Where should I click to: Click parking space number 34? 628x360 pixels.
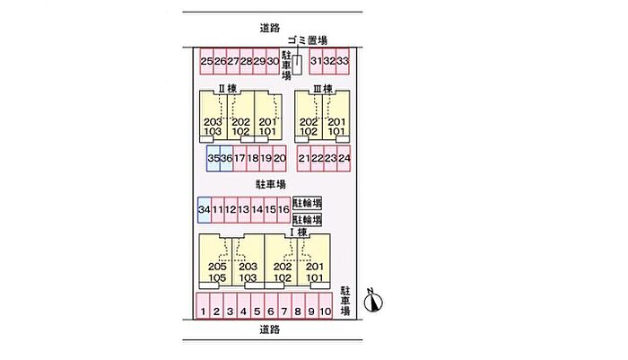[x=205, y=210]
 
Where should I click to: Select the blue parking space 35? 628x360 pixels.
[x=214, y=158]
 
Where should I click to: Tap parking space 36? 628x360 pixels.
[x=226, y=158]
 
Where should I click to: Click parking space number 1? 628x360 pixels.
[x=203, y=306]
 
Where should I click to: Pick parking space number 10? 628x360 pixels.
[x=326, y=306]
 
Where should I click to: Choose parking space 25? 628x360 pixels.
[x=206, y=61]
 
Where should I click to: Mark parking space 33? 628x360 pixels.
[x=343, y=61]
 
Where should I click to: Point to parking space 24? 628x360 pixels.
[x=344, y=158]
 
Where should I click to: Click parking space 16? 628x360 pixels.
[x=283, y=210]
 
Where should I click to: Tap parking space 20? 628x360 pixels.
[x=280, y=158]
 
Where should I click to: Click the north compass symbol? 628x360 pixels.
[x=373, y=301]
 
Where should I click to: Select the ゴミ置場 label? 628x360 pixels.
[x=308, y=40]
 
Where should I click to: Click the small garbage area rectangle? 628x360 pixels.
[x=297, y=65]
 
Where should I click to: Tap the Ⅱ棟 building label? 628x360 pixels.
[x=228, y=89]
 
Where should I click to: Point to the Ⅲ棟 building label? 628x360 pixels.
[x=322, y=89]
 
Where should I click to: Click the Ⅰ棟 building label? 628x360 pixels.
[x=299, y=233]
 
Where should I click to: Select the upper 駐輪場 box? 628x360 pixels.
[x=307, y=203]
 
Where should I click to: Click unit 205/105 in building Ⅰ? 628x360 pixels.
[x=215, y=261]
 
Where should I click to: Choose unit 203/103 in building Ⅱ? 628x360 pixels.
[x=214, y=116]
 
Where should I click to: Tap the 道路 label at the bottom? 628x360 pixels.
[x=269, y=330]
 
